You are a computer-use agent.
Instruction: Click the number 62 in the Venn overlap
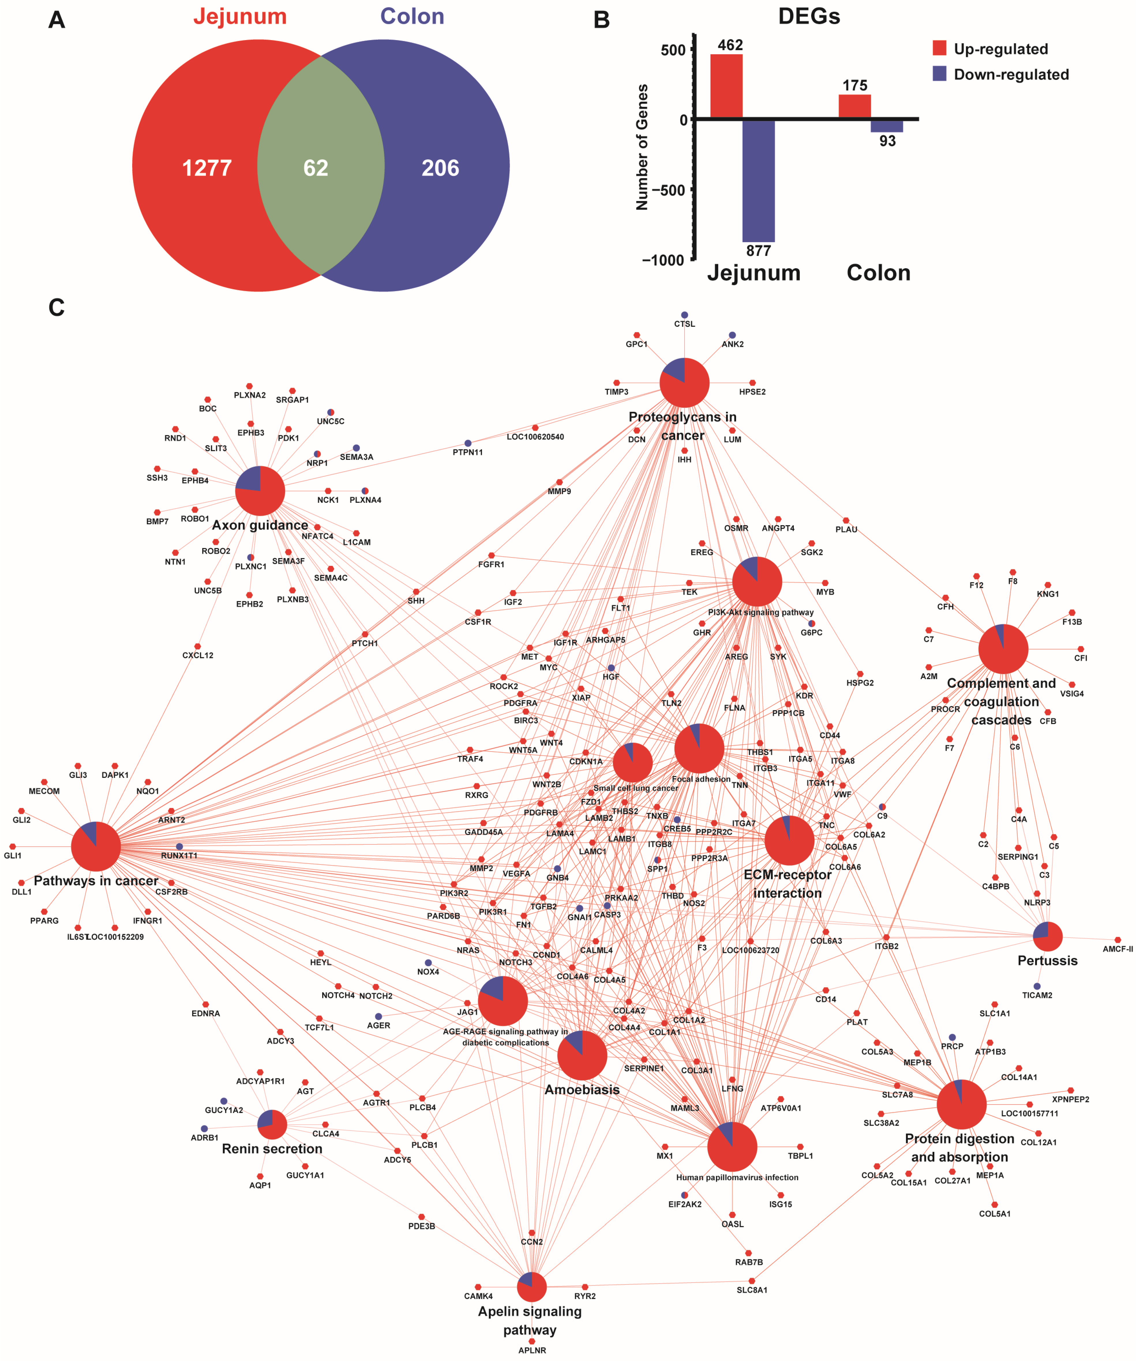click(316, 168)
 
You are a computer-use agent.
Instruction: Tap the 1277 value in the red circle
click(207, 168)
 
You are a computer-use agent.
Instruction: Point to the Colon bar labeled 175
click(854, 106)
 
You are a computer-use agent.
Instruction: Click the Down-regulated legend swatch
click(939, 74)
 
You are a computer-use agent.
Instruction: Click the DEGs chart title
click(809, 16)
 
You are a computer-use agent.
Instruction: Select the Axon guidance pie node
click(260, 491)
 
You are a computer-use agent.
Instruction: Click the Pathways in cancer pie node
click(96, 846)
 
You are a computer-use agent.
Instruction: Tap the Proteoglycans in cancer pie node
click(685, 382)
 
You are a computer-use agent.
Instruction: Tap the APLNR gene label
click(532, 1350)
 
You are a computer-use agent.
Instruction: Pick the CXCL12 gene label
click(198, 655)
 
